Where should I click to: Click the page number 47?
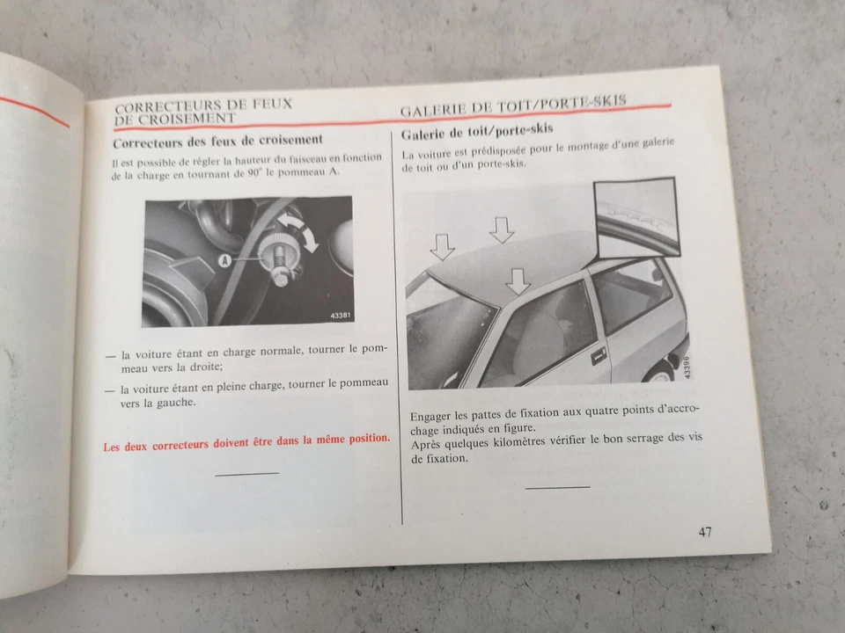706,531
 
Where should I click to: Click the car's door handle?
599,353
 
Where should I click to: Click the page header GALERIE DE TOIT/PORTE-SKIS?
513,106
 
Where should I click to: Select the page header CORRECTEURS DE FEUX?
203,105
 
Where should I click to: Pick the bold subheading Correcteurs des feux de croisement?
218,140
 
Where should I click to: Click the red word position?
360,437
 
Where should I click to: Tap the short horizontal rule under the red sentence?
246,474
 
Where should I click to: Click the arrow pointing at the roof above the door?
518,280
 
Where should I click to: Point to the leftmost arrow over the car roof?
442,247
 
